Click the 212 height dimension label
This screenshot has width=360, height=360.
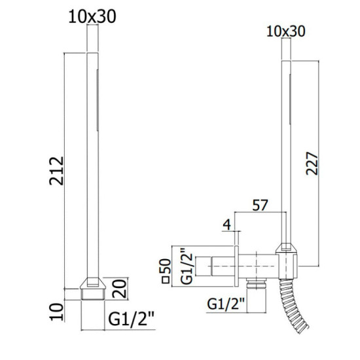tap(56, 171)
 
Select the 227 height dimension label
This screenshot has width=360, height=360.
tap(312, 164)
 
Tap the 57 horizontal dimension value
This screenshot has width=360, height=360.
tap(260, 205)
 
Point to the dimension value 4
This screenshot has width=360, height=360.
tap(227, 225)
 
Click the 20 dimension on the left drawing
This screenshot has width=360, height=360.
tap(120, 289)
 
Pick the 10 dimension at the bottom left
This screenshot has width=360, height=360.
tap(56, 312)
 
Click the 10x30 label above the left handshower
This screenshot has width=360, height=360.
tap(92, 17)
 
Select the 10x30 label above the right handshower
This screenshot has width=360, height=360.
tap(286, 31)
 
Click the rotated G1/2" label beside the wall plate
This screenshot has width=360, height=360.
tap(187, 266)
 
